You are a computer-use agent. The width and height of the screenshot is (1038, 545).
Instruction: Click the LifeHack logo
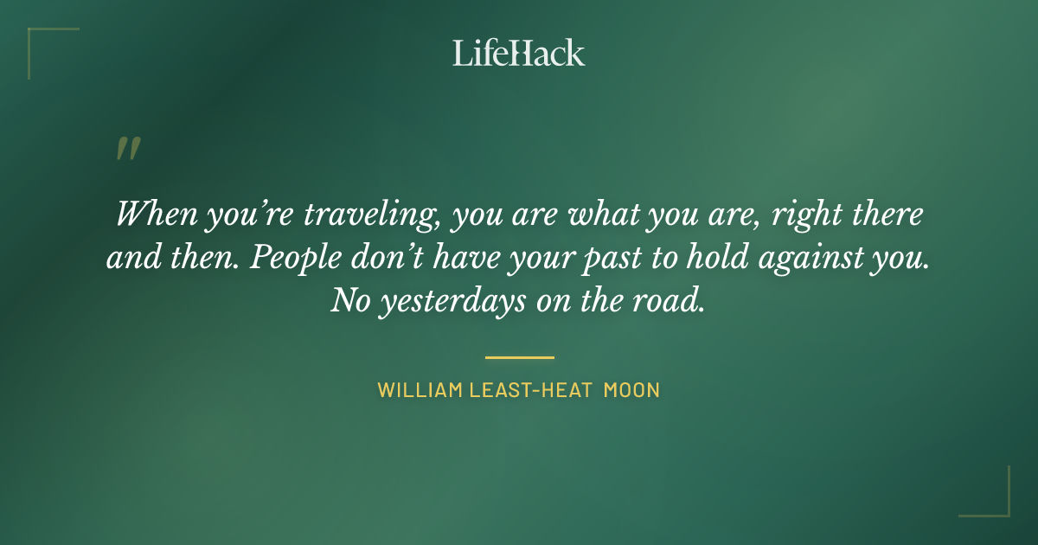pos(519,53)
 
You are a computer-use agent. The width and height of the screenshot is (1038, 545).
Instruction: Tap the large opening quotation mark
pos(127,149)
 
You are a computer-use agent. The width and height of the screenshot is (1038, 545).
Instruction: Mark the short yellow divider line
pos(519,356)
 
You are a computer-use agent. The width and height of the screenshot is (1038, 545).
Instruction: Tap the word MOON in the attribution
pos(631,390)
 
